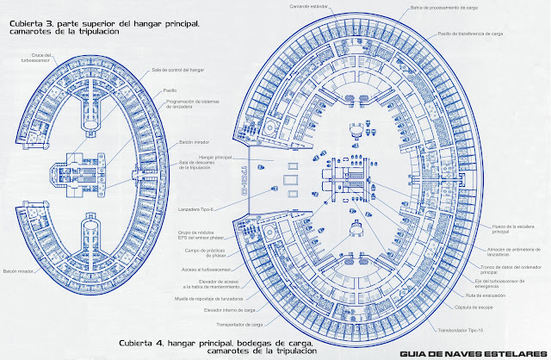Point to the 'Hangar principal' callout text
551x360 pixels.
(x=196, y=158)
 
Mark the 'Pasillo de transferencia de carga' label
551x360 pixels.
(x=471, y=34)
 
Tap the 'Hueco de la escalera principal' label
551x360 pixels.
(x=514, y=228)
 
